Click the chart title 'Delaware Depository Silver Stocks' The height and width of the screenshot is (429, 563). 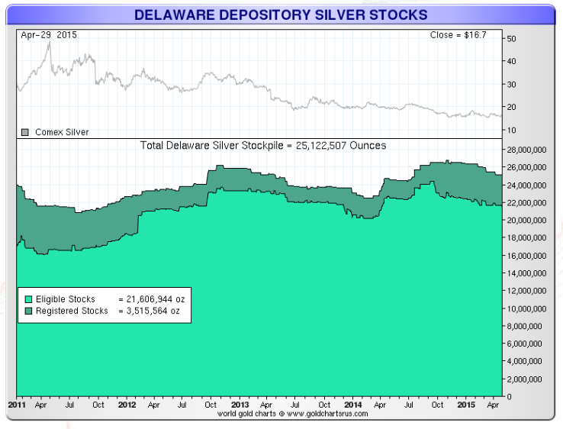click(x=281, y=15)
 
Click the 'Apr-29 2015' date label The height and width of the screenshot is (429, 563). click(x=49, y=35)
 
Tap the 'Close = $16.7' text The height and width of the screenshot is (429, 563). click(x=462, y=35)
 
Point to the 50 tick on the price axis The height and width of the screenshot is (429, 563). click(x=511, y=38)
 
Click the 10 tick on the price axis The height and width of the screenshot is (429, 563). click(x=511, y=130)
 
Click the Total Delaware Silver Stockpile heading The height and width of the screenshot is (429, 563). click(x=263, y=145)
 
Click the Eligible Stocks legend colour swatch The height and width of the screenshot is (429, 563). click(x=29, y=299)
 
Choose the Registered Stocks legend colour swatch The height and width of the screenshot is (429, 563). click(x=29, y=311)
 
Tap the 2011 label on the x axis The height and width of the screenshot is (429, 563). click(x=16, y=405)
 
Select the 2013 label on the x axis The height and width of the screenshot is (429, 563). click(x=240, y=405)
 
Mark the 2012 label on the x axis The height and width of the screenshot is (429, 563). click(x=127, y=405)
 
